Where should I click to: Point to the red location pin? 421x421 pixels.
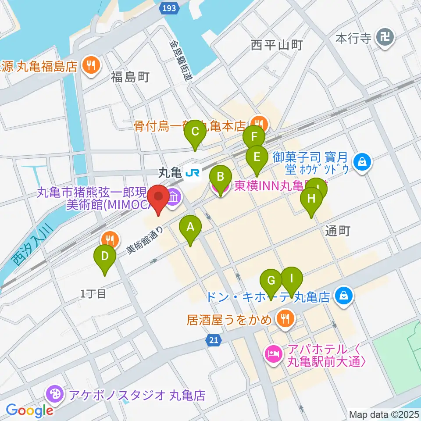[x=158, y=198]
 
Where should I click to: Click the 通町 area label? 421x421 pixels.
[x=338, y=231]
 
